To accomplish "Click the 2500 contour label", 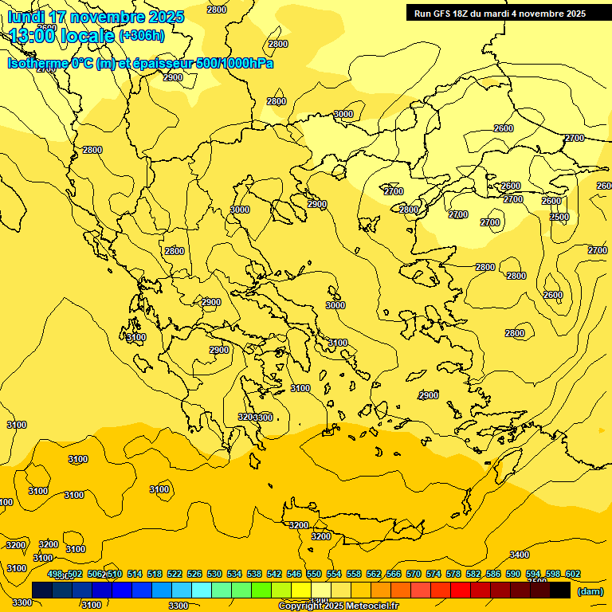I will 559,217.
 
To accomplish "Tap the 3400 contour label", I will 520,555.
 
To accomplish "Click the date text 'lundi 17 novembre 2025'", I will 96,17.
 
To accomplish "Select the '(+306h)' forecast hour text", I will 142,35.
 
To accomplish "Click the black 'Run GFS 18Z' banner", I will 500,13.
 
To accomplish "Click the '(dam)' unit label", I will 590,591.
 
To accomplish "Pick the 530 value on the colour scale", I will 215,574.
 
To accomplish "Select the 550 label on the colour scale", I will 314,574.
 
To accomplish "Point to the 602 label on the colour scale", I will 573,574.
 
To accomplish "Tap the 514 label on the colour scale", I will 135,574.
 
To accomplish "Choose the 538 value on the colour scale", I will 254,574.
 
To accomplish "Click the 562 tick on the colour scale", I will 374,574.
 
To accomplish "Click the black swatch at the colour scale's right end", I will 560,590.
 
